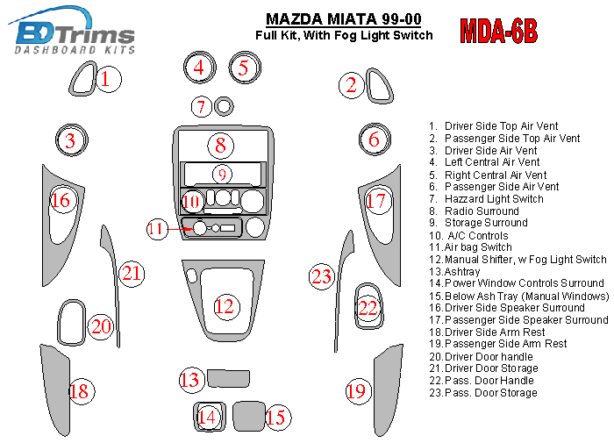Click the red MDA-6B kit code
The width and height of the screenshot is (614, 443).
[498, 31]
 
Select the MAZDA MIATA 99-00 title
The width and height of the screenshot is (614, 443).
[344, 18]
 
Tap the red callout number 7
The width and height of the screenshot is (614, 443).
[201, 106]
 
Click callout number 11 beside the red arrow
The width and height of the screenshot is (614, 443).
[157, 229]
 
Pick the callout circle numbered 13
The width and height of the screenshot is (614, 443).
[190, 380]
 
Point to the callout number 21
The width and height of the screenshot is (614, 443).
[132, 274]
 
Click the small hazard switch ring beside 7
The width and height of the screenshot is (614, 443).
[224, 106]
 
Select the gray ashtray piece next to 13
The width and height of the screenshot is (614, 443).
[228, 378]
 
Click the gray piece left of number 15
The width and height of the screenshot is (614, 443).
[249, 416]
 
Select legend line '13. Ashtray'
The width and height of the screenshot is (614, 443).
[454, 271]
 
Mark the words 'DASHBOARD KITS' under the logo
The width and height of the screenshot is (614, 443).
[75, 50]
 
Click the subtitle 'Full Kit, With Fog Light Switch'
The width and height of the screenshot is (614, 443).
[344, 35]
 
